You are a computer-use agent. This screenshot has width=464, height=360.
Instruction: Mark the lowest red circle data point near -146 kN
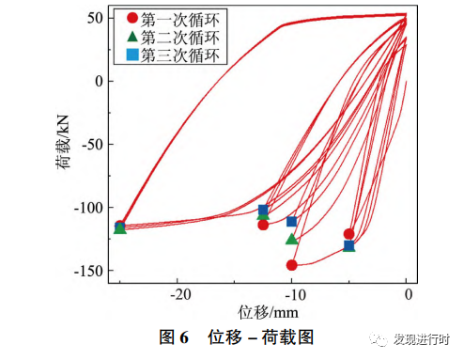[x=291, y=265]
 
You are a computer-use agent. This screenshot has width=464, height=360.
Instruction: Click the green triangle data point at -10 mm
[x=291, y=239]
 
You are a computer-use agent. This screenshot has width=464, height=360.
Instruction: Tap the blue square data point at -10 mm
[x=291, y=222]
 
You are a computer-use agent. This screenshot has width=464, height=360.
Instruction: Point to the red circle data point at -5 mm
[x=348, y=234]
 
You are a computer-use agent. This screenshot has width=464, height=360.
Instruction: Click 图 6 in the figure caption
[x=175, y=337]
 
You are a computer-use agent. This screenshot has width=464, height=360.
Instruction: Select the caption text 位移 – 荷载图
[x=260, y=337]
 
